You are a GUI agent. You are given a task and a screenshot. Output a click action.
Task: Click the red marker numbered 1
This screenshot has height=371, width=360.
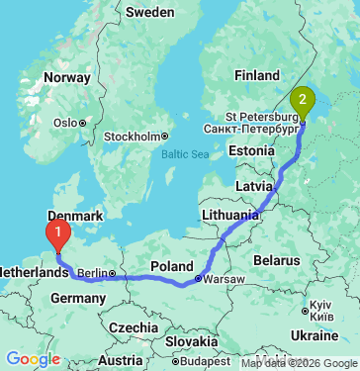pyautogui.click(x=60, y=235)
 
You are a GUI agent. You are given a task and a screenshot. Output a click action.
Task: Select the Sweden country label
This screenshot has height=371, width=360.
pyautogui.click(x=149, y=13)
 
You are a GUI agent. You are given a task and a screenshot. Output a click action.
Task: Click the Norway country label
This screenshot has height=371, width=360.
pyautogui.click(x=67, y=77)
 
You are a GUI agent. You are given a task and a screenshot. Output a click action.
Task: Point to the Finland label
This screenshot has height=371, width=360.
pyautogui.click(x=257, y=74)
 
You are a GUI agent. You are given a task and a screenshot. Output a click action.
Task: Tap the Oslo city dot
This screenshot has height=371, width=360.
pyautogui.click(x=84, y=123)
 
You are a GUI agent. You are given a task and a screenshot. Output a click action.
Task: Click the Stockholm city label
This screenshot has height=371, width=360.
pyautogui.click(x=133, y=136)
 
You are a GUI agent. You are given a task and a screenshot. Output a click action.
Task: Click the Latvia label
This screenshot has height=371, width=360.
pyautogui.click(x=256, y=185)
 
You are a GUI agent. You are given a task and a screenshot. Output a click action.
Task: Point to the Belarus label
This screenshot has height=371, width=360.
pyautogui.click(x=276, y=258)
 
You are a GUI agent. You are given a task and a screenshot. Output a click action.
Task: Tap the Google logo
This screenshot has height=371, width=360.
pyautogui.click(x=34, y=360)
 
